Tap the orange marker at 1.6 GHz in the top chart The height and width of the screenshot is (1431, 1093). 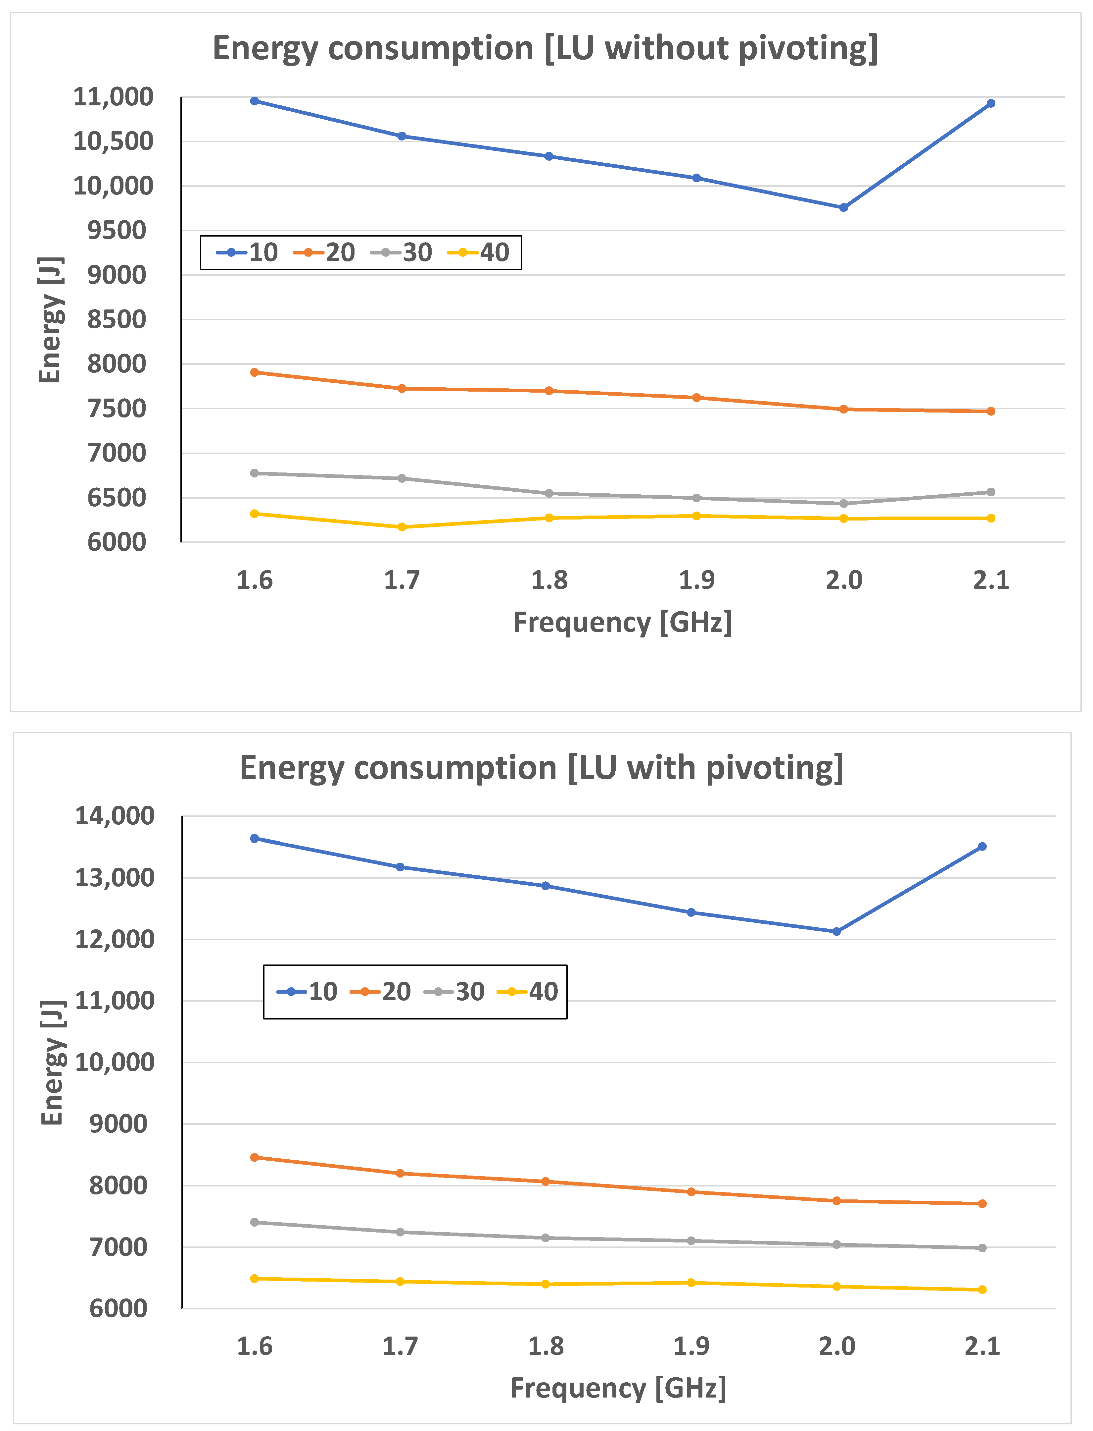[x=255, y=372]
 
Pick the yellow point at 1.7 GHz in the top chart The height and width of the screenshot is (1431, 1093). [x=402, y=527]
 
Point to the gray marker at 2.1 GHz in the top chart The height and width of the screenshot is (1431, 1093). [x=991, y=492]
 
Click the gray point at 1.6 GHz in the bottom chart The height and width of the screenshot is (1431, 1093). [x=255, y=1222]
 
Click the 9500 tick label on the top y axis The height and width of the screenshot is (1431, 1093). [x=117, y=231]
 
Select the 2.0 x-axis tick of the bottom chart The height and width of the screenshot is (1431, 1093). [x=837, y=1346]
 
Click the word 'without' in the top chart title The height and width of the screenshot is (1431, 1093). [x=666, y=49]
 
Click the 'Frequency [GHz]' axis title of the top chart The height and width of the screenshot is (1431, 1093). [x=623, y=623]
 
